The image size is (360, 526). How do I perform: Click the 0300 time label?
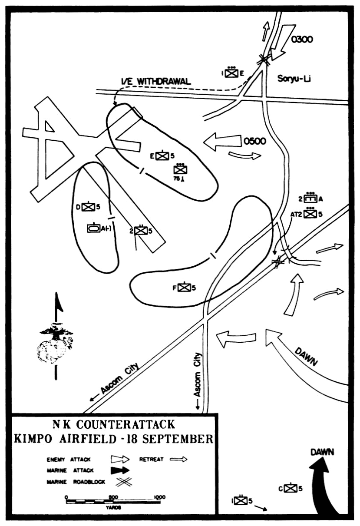point(302,39)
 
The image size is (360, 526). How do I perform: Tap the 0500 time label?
point(255,141)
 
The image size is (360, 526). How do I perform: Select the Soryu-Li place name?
point(294,79)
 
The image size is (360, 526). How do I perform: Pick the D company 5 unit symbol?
point(89,207)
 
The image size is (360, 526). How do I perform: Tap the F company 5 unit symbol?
point(185,288)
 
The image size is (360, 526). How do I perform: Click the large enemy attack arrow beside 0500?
point(223,142)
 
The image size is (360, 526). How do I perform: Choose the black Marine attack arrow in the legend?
point(120,470)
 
